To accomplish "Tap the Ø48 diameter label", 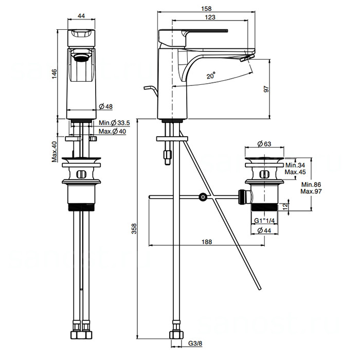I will coord(106,106).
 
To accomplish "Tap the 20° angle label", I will coord(211,75).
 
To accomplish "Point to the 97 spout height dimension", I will coord(266,89).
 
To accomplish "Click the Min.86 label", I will coord(312,184).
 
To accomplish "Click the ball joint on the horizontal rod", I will coord(204,196).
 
